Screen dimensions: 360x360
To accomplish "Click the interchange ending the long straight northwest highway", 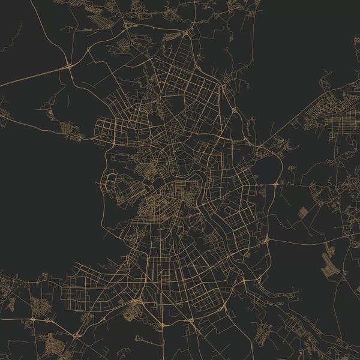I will point(70,65).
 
